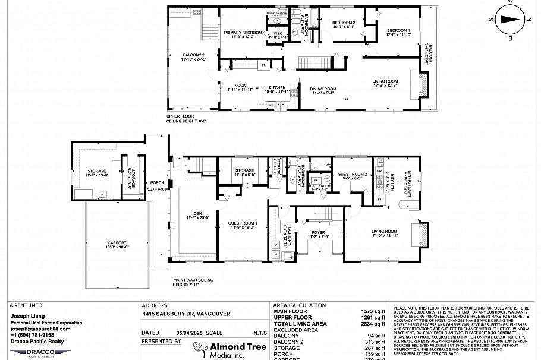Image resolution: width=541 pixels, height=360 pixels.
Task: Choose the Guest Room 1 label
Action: click(x=243, y=225)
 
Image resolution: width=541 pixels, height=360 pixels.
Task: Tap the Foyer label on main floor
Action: click(x=317, y=234)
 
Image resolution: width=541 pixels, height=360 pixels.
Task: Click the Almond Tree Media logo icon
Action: click(x=197, y=350)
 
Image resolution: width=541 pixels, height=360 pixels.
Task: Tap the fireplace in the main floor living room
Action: click(x=423, y=234)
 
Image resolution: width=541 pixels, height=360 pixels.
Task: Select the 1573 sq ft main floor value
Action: click(x=376, y=311)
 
